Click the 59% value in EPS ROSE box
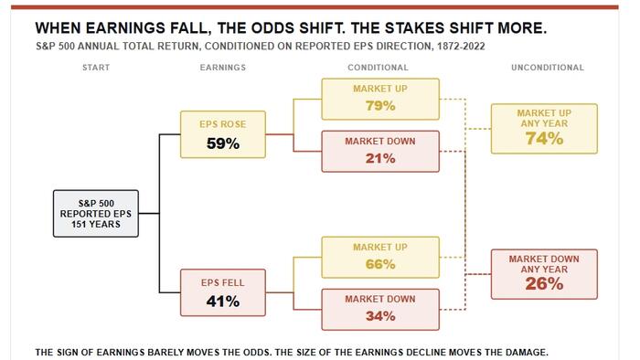(x=223, y=143)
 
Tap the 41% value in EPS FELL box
(x=223, y=302)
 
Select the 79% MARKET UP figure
(x=380, y=106)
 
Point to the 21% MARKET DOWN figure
(x=380, y=158)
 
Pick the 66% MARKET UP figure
(x=380, y=264)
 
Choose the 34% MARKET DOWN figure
(x=380, y=316)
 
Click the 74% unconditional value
(x=544, y=139)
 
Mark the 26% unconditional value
(x=544, y=284)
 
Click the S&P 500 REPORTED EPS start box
(x=96, y=213)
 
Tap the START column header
(x=96, y=68)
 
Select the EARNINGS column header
(x=223, y=68)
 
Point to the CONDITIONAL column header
(x=378, y=68)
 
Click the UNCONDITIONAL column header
(x=548, y=68)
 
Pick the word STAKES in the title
(x=414, y=28)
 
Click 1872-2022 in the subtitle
(x=461, y=46)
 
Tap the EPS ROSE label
(x=223, y=124)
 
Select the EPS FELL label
(x=223, y=283)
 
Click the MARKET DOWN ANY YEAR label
(x=544, y=264)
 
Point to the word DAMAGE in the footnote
(x=526, y=353)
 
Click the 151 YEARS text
(x=96, y=224)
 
